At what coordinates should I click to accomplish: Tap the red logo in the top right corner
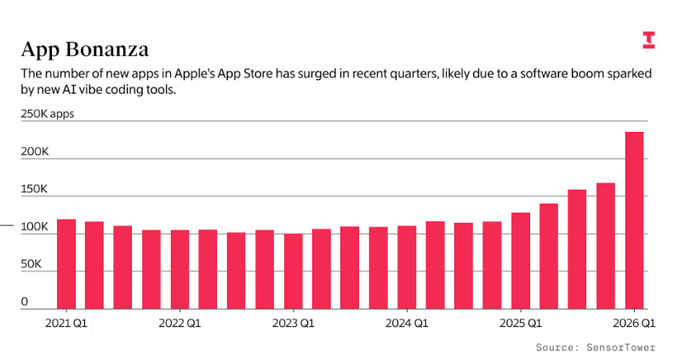648,39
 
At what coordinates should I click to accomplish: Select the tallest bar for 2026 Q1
634,220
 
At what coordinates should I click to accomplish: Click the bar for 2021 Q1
66,264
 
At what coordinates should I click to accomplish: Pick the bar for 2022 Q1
180,269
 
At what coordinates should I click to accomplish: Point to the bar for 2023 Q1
294,271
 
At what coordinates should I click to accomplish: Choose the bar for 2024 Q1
407,267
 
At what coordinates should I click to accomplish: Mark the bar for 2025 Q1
521,260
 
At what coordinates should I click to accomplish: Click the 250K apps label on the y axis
48,114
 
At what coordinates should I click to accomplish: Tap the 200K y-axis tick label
35,151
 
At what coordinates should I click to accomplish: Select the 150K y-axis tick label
35,189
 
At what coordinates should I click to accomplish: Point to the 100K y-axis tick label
35,226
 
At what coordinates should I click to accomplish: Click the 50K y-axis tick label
31,264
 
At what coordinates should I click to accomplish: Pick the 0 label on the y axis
25,301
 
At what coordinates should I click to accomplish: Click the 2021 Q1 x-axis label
66,323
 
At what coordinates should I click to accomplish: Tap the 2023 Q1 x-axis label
294,323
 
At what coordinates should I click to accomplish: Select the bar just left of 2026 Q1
606,246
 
